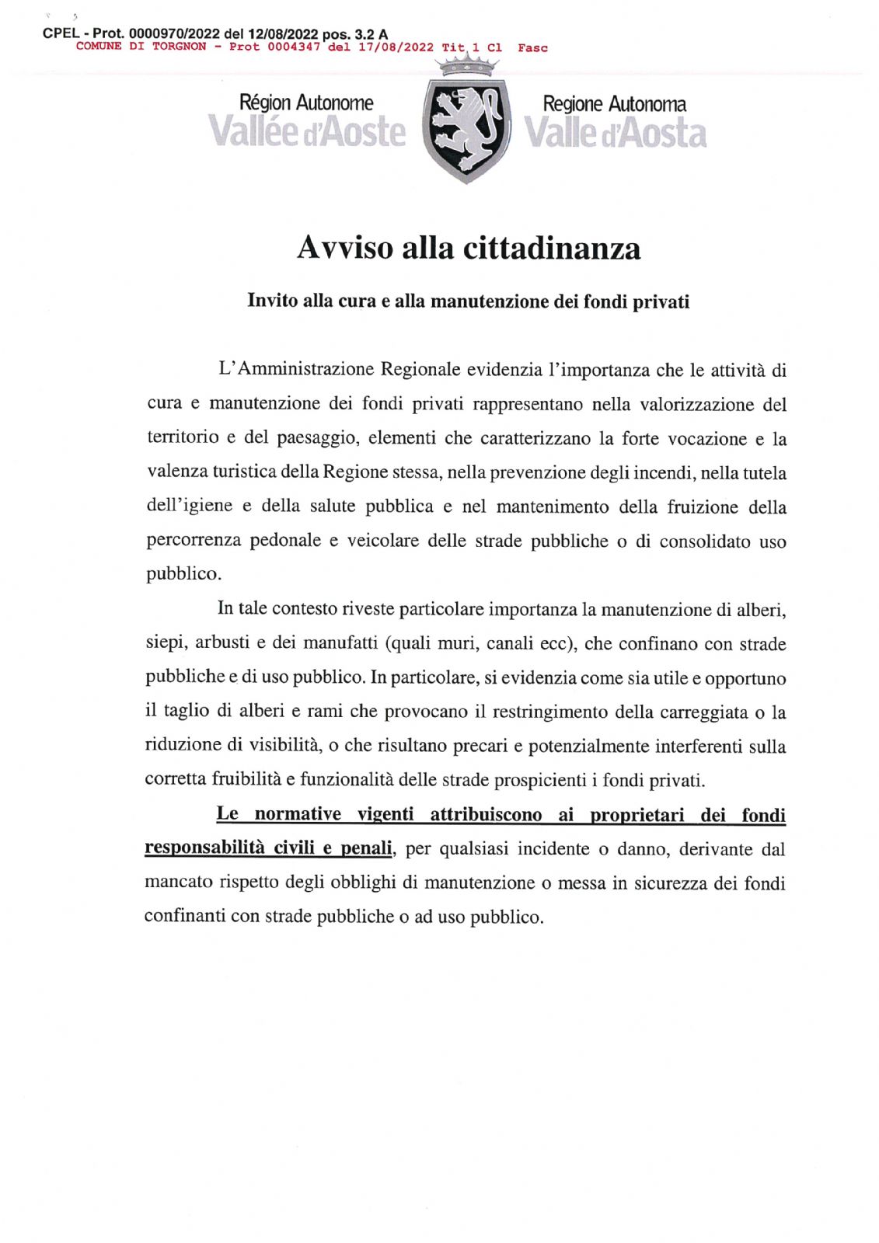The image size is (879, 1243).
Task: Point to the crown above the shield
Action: (466, 64)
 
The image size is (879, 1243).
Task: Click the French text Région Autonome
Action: (306, 103)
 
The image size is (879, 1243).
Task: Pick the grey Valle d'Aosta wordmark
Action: (615, 134)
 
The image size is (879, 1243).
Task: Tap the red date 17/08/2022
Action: (396, 47)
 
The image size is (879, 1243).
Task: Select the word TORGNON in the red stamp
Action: (180, 47)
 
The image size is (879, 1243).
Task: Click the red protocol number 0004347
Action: (294, 47)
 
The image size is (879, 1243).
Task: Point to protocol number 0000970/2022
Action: (175, 34)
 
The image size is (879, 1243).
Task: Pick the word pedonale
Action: (285, 541)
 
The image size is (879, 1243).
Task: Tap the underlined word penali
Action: (365, 848)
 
